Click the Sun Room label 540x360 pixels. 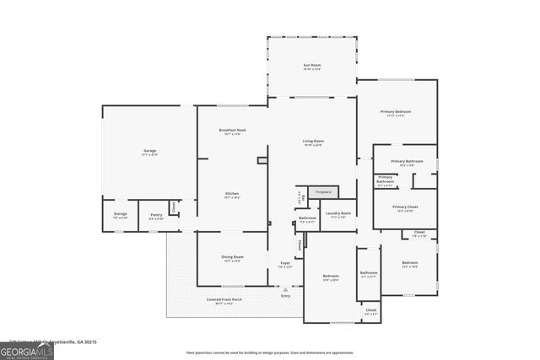click(x=312, y=67)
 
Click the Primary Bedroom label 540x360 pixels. click(x=395, y=113)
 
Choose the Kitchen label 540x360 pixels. click(x=232, y=195)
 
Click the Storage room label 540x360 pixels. click(x=121, y=215)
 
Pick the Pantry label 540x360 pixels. click(x=156, y=215)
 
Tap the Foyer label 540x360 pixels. click(x=285, y=265)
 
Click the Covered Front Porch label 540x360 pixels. click(x=224, y=301)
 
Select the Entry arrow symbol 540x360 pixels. click(x=285, y=289)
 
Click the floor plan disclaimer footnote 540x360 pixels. click(x=270, y=352)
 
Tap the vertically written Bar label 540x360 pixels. click(x=300, y=200)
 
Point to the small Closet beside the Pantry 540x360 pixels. click(x=173, y=207)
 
